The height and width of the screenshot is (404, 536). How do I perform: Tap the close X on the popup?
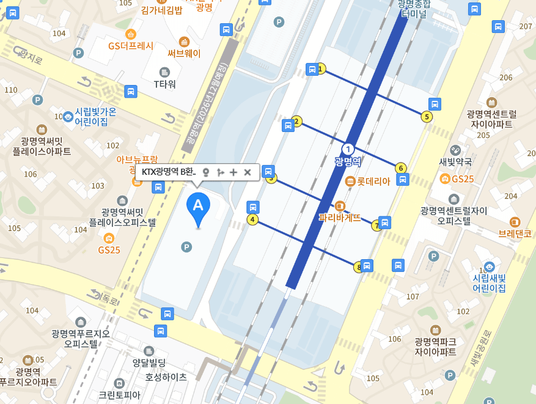(248, 172)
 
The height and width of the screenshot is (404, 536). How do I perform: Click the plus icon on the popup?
(233, 172)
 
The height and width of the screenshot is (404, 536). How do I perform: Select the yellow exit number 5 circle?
(427, 117)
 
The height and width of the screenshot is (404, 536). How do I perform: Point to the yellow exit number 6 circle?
(401, 168)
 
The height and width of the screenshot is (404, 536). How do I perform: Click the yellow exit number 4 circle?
(252, 219)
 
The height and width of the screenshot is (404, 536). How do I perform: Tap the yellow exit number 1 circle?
(321, 70)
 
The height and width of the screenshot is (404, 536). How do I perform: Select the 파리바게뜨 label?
(340, 216)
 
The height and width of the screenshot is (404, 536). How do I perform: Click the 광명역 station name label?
(348, 162)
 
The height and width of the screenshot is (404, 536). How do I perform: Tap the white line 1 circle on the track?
(348, 149)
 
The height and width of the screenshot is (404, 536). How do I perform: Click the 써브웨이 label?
(184, 53)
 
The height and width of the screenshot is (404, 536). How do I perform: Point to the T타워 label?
(164, 84)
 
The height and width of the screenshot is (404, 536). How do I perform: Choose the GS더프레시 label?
(131, 46)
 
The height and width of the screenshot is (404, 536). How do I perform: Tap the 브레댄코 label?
(515, 233)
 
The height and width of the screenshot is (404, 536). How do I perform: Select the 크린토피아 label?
(120, 395)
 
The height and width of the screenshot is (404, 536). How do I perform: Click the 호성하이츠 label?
(166, 377)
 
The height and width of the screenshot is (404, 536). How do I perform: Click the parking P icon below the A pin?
(186, 246)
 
